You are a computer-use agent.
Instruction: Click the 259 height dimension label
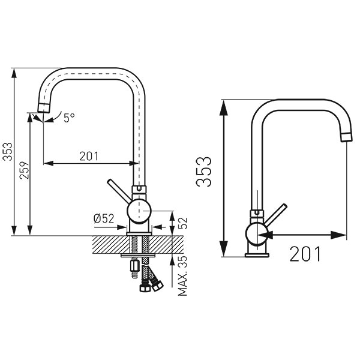(24, 170)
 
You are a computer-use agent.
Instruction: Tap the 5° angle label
(69, 118)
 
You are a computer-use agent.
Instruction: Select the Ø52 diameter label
(104, 218)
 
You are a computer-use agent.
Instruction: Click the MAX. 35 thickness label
(182, 275)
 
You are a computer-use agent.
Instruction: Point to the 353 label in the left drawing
(7, 152)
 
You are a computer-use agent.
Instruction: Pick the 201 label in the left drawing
(89, 156)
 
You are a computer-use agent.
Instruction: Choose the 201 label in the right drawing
(305, 254)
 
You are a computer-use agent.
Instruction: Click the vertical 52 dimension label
(183, 223)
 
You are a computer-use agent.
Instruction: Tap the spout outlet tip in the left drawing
(43, 107)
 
